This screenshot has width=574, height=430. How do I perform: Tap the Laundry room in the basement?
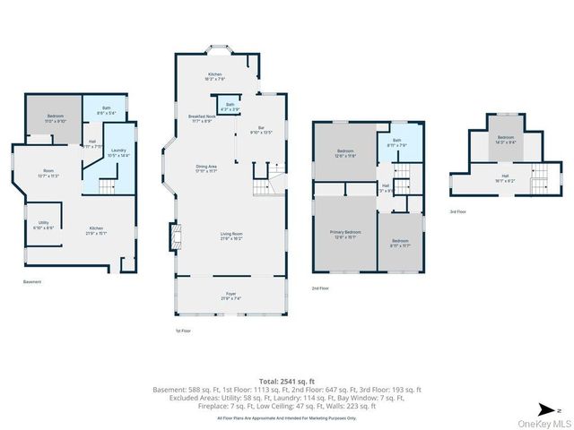tap(118, 153)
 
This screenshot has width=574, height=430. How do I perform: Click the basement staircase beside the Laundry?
tap(107, 186)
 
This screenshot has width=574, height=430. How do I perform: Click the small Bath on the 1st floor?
tap(230, 107)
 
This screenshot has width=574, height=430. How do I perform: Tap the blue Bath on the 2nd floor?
tap(396, 142)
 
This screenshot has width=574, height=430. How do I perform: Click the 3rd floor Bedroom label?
tap(507, 139)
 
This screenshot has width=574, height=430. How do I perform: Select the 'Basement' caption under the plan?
tap(32, 281)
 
